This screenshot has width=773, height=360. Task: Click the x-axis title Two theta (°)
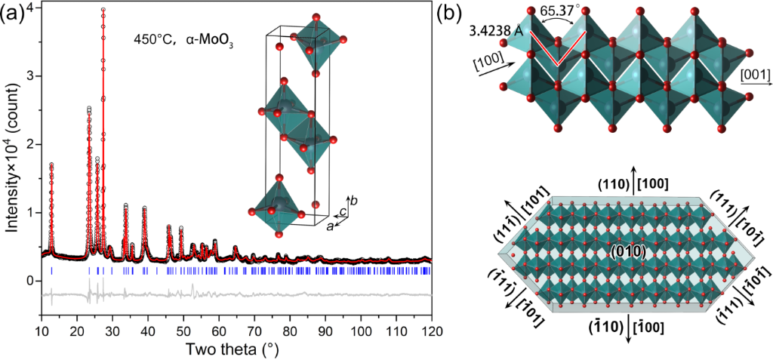coord(235,350)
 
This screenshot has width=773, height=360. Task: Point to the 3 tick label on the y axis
coord(30,75)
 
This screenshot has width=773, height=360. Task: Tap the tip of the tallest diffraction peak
coord(103,9)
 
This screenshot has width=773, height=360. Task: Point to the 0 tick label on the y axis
coord(30,281)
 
